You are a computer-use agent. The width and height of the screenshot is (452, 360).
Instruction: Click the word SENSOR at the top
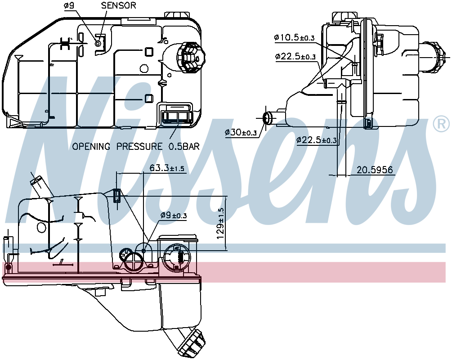(118, 5)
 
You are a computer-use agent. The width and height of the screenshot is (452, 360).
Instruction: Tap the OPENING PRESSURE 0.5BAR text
(136, 146)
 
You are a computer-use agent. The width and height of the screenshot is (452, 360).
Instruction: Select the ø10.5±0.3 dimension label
(294, 38)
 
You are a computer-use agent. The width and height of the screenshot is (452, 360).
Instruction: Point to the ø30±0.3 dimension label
(241, 132)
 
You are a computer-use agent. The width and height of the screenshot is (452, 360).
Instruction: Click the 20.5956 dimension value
(375, 170)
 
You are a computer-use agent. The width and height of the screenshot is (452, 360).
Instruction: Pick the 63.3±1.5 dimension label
(167, 168)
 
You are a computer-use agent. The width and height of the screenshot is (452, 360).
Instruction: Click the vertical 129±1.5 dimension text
(220, 223)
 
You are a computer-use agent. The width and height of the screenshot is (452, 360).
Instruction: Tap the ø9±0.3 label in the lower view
(173, 216)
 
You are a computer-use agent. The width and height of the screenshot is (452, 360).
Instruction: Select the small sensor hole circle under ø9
(98, 43)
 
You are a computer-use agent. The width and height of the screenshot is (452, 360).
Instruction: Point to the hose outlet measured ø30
(268, 118)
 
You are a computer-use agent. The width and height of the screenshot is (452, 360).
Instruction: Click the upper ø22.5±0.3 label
(295, 57)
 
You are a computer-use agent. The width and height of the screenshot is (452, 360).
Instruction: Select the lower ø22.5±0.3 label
(316, 140)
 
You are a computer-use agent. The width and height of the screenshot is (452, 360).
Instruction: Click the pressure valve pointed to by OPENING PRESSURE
(176, 117)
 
